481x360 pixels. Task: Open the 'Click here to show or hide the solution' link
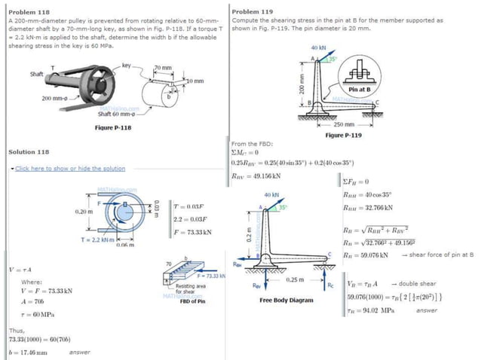point(69,168)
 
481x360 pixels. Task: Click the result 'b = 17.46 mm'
point(28,352)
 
